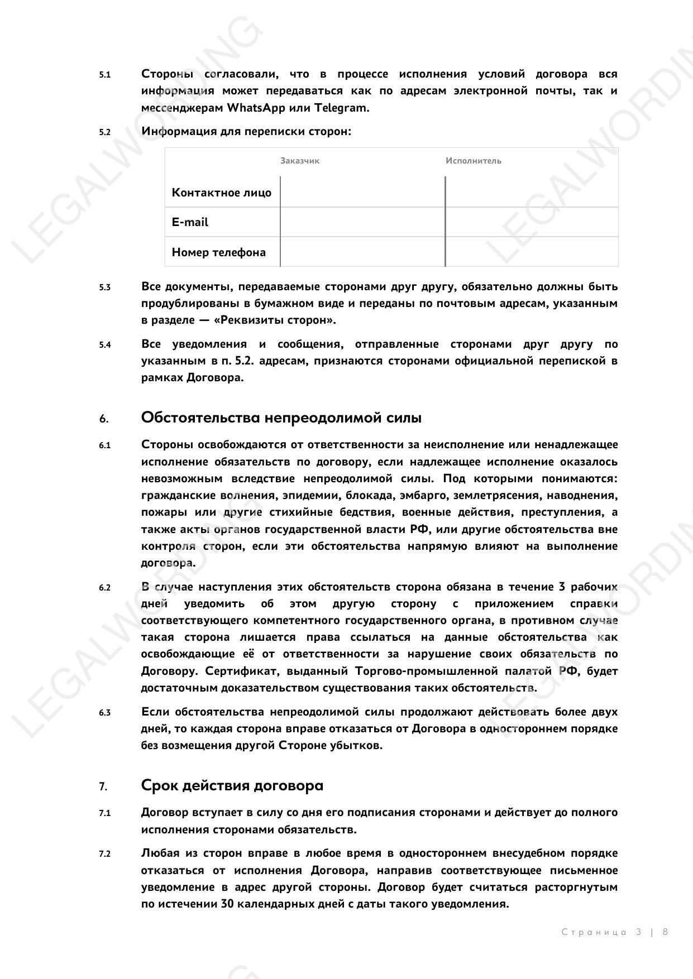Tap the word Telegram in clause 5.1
pyautogui.click(x=345, y=108)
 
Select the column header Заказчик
pyautogui.click(x=300, y=161)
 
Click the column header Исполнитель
pyautogui.click(x=474, y=161)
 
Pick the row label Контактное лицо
pyautogui.click(x=222, y=193)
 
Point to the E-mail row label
pyautogui.click(x=190, y=222)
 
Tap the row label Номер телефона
pyautogui.click(x=219, y=252)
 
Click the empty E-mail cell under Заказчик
pyautogui.click(x=362, y=222)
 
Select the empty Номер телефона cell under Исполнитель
pyautogui.click(x=532, y=252)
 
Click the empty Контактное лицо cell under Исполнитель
pyautogui.click(x=532, y=193)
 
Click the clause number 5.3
pyautogui.click(x=105, y=287)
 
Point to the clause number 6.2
pyautogui.click(x=105, y=588)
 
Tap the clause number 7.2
pyautogui.click(x=105, y=854)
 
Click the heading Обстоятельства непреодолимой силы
pyautogui.click(x=281, y=417)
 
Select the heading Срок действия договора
pyautogui.click(x=232, y=785)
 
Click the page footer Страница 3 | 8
pyautogui.click(x=615, y=932)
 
